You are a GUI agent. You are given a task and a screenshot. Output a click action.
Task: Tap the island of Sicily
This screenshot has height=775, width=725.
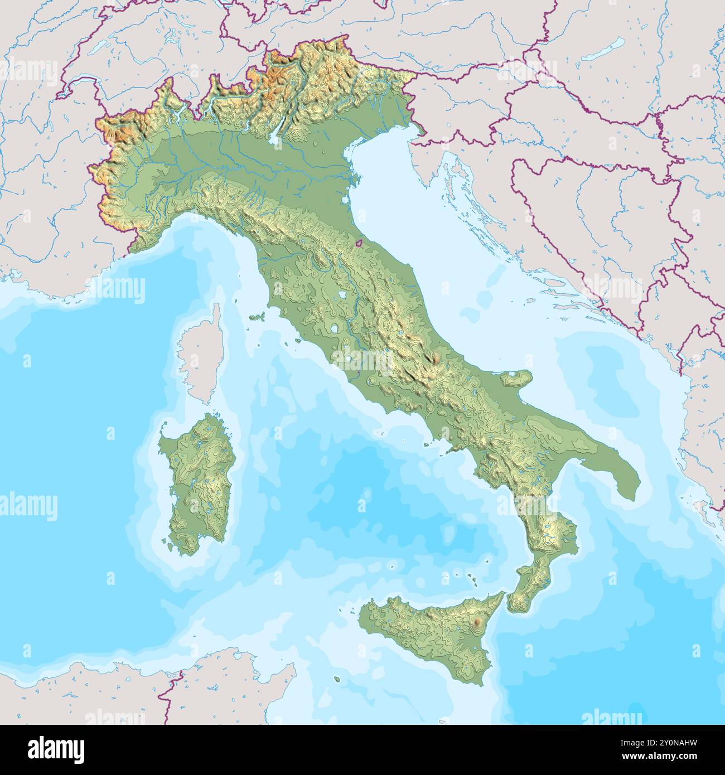pos(429,630)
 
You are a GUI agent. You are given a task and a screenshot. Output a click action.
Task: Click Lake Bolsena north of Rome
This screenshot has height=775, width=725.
pos(334,329)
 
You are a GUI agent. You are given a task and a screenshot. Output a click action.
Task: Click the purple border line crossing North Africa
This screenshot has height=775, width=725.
pos(167,697)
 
